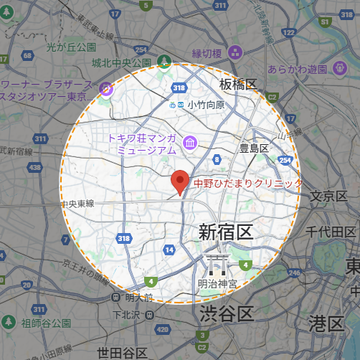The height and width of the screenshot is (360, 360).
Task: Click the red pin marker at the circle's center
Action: pos(180,182)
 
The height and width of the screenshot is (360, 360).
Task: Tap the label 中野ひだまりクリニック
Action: pos(248,184)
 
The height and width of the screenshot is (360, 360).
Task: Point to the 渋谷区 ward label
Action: pos(227,313)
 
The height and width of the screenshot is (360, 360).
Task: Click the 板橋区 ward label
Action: pos(238,85)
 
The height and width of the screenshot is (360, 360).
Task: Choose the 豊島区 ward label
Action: pos(253,148)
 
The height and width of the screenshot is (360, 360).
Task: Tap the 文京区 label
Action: pos(331,196)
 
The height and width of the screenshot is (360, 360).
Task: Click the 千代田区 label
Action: pos(331,232)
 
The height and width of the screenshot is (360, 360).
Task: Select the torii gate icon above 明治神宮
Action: pos(217,265)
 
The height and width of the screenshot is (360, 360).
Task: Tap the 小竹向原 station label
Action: pos(207,105)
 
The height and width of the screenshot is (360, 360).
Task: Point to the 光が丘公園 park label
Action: pos(71,47)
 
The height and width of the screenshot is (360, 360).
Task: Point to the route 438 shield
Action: pos(35,166)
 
